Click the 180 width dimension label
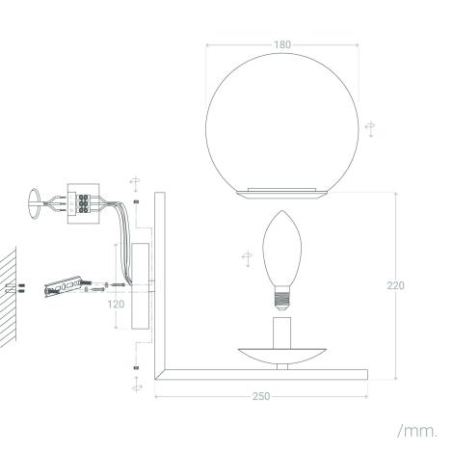pyautogui.click(x=282, y=44)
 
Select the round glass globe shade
pyautogui.click(x=282, y=116)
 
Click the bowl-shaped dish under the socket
pyautogui.click(x=282, y=356)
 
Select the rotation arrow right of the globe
pyautogui.click(x=369, y=128)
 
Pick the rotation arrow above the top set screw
pyautogui.click(x=136, y=182)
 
